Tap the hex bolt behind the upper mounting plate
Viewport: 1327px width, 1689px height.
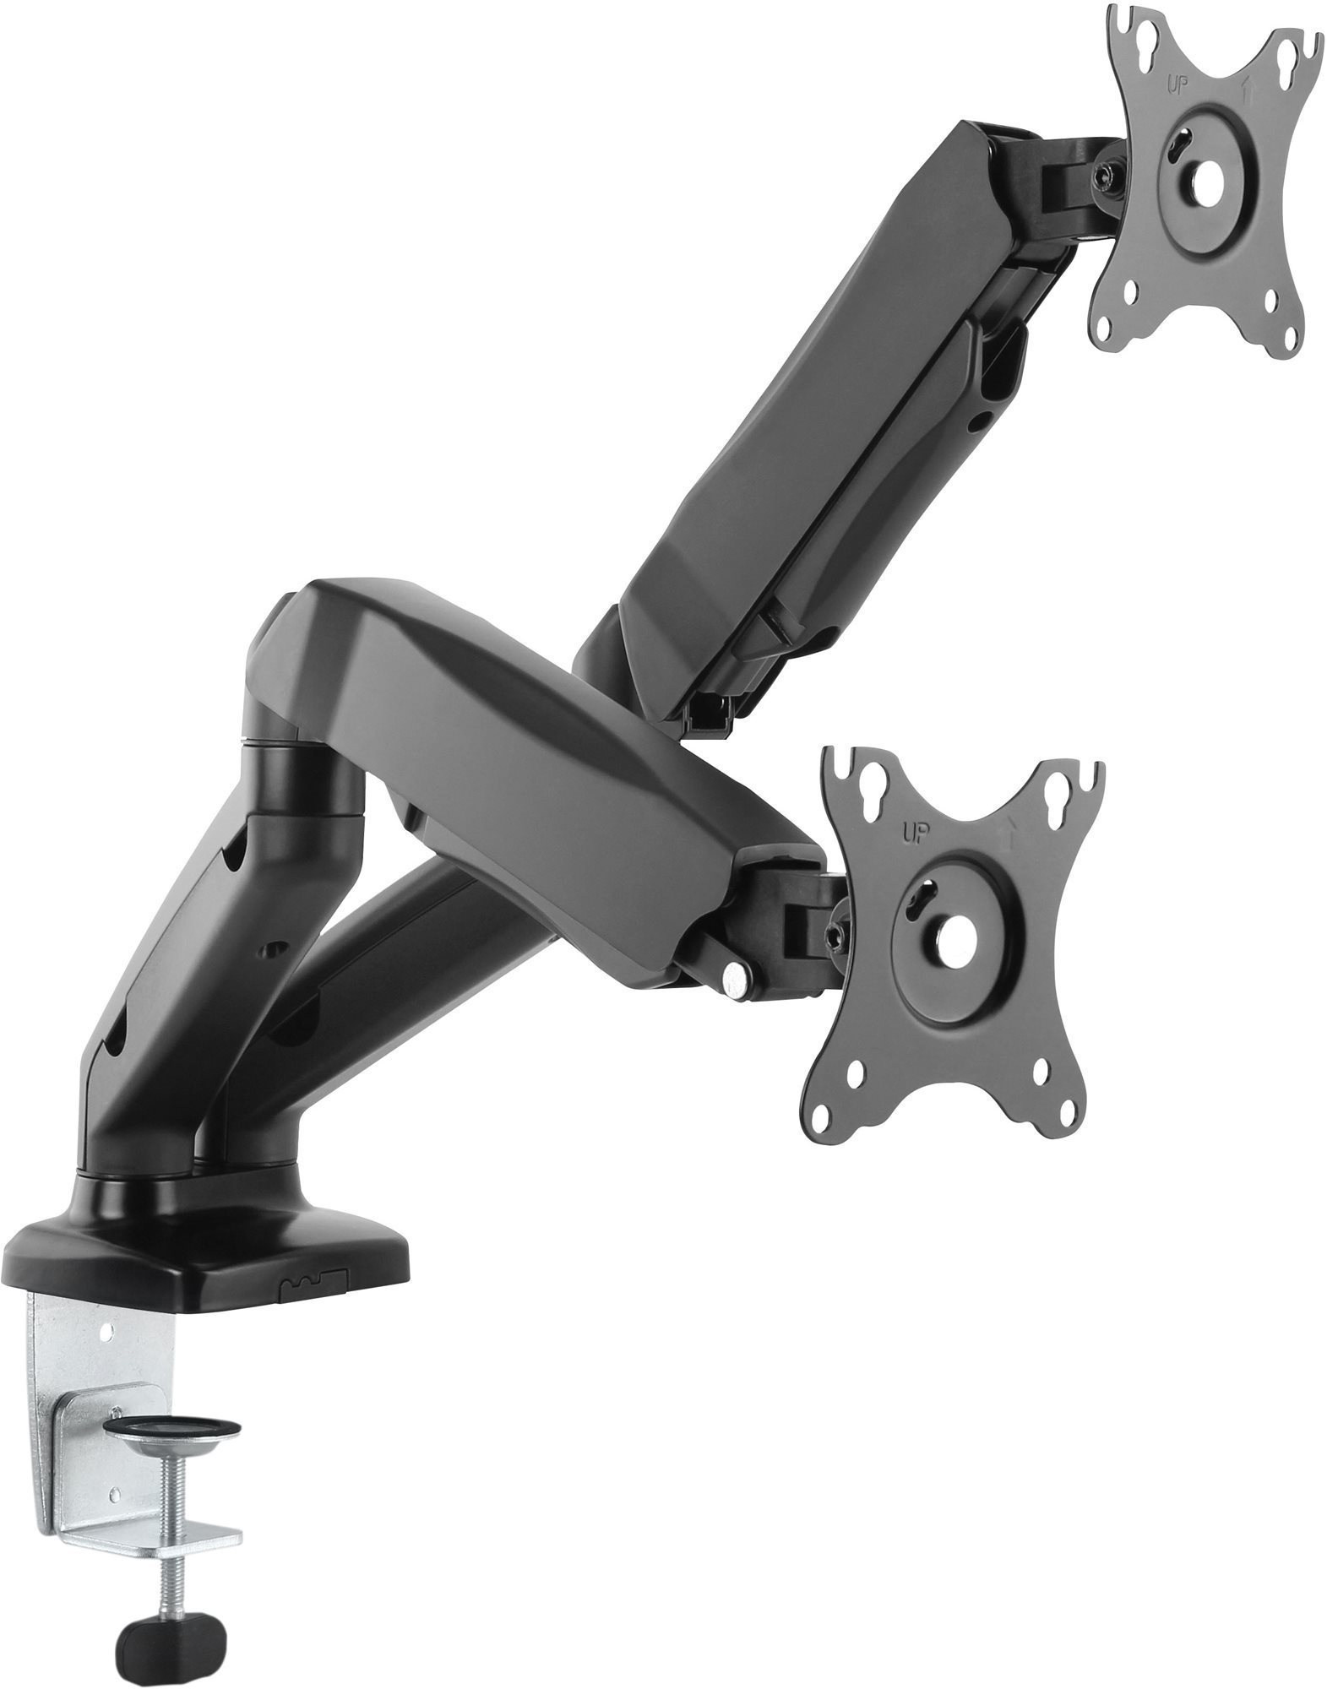[1103, 176]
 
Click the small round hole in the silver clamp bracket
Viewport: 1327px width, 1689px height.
[106, 1329]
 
